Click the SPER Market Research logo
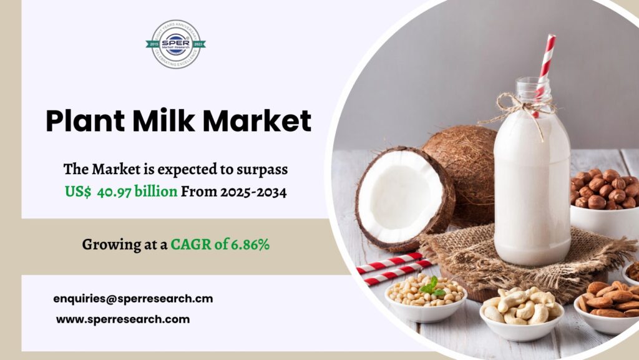pyautogui.click(x=175, y=44)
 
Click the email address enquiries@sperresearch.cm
pyautogui.click(x=133, y=299)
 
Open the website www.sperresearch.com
pyautogui.click(x=123, y=319)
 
